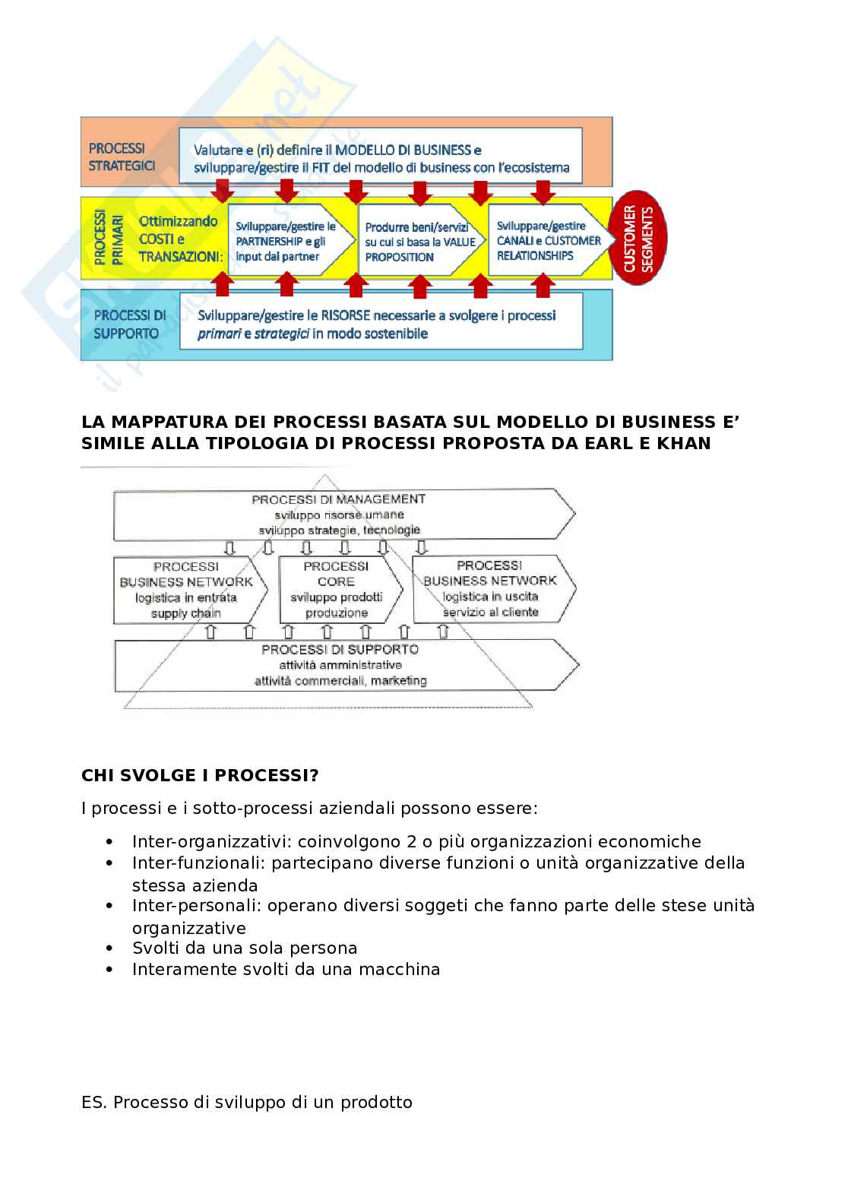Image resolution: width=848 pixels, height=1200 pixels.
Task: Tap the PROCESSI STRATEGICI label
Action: tap(122, 157)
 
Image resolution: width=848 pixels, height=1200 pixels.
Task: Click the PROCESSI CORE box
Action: tap(337, 589)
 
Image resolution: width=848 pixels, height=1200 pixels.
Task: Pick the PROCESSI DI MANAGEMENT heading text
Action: tap(338, 499)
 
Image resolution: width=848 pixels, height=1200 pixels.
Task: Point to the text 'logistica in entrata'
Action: tap(186, 597)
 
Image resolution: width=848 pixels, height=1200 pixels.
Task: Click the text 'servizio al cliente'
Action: tap(491, 612)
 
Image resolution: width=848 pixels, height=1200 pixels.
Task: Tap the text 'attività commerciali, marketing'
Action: tap(340, 680)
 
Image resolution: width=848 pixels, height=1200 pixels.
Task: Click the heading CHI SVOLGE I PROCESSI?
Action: tap(200, 775)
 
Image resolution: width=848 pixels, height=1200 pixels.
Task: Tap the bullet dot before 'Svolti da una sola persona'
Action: tap(111, 948)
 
